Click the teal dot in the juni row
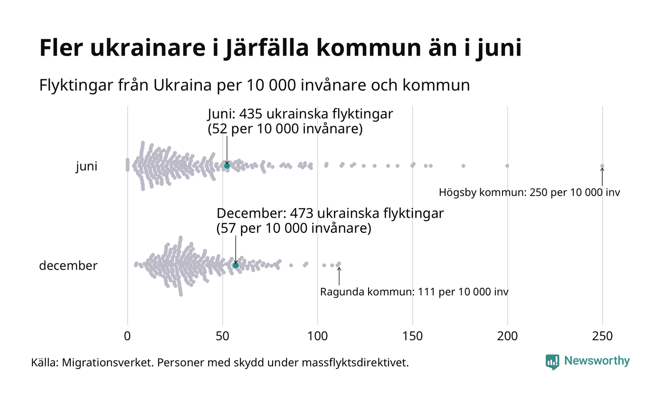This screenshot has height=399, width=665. coord(227,166)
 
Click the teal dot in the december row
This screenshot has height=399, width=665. coord(236,265)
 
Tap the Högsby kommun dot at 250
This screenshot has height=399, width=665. coord(602,166)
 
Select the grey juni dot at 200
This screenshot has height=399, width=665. coord(507,166)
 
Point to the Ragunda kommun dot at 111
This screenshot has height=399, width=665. coord(339,264)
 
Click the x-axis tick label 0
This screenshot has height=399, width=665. coord(127,336)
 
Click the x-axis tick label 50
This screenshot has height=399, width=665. coord(222,336)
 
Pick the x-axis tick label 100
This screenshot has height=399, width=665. coord(317,336)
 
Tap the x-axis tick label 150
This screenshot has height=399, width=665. coord(412,336)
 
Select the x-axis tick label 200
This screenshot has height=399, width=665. coord(507,336)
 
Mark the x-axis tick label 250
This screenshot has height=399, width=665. coord(602,336)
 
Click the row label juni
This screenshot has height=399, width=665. coord(86,167)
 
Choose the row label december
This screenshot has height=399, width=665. coord(68,266)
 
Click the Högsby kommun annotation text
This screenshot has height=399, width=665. coord(529,193)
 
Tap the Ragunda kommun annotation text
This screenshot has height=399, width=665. coord(414,292)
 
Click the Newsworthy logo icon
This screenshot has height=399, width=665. coord(552,362)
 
